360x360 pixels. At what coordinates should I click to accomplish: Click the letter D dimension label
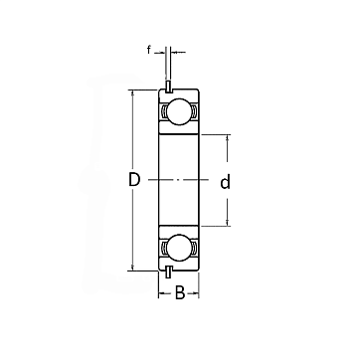[x=134, y=180]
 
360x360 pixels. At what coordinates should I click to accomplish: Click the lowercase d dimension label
[x=226, y=182]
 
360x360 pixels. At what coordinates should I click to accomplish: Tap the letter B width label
[x=179, y=293]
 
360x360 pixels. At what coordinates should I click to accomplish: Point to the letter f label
[x=149, y=50]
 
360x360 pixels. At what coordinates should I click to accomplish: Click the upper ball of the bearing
[x=179, y=111]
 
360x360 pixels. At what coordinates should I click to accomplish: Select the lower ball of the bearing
[x=179, y=248]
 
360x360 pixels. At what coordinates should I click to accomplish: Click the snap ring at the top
[x=168, y=87]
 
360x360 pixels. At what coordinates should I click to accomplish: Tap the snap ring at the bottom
[x=168, y=272]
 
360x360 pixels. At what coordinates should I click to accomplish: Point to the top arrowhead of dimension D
[x=132, y=92]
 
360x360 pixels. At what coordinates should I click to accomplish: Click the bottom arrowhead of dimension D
[x=132, y=268]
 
